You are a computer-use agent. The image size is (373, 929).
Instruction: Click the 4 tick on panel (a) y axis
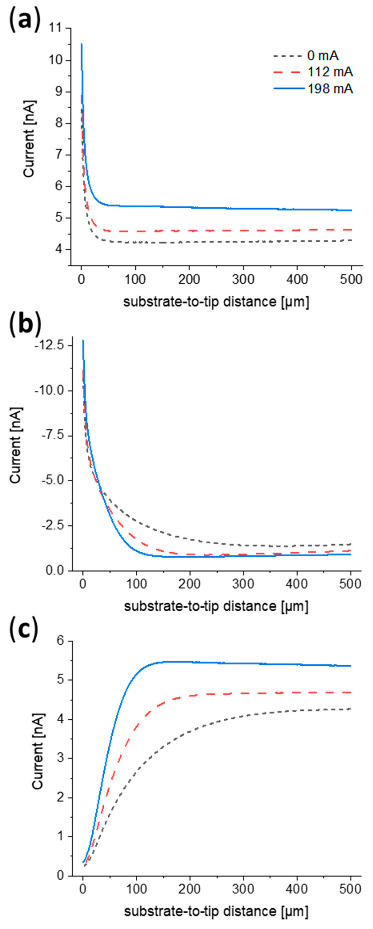tap(61, 249)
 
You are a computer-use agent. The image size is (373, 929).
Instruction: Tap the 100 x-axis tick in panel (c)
tap(136, 889)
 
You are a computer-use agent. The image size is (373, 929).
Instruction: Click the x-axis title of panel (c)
tap(216, 911)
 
